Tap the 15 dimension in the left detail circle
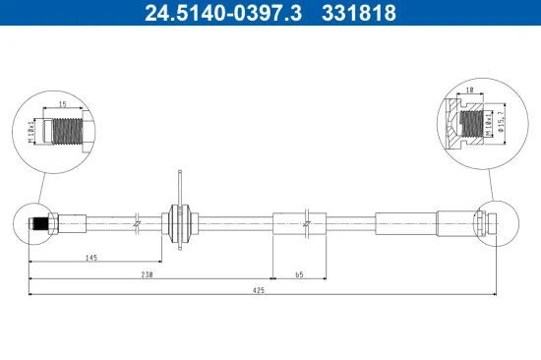click(x=61, y=103)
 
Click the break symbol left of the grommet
click(x=139, y=223)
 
